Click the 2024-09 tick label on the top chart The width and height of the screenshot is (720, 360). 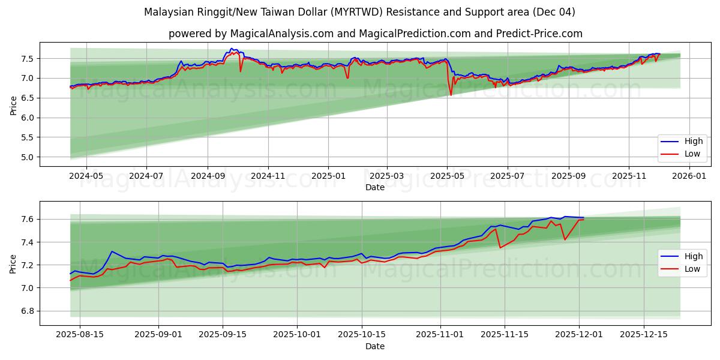(x=208, y=176)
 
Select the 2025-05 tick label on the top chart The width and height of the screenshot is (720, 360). (x=447, y=176)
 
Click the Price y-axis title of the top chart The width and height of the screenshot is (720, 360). (x=13, y=105)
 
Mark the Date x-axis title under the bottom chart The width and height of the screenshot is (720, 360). (x=375, y=346)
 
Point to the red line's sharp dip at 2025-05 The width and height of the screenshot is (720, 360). (x=451, y=95)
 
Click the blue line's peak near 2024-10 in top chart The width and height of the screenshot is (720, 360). (x=232, y=49)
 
